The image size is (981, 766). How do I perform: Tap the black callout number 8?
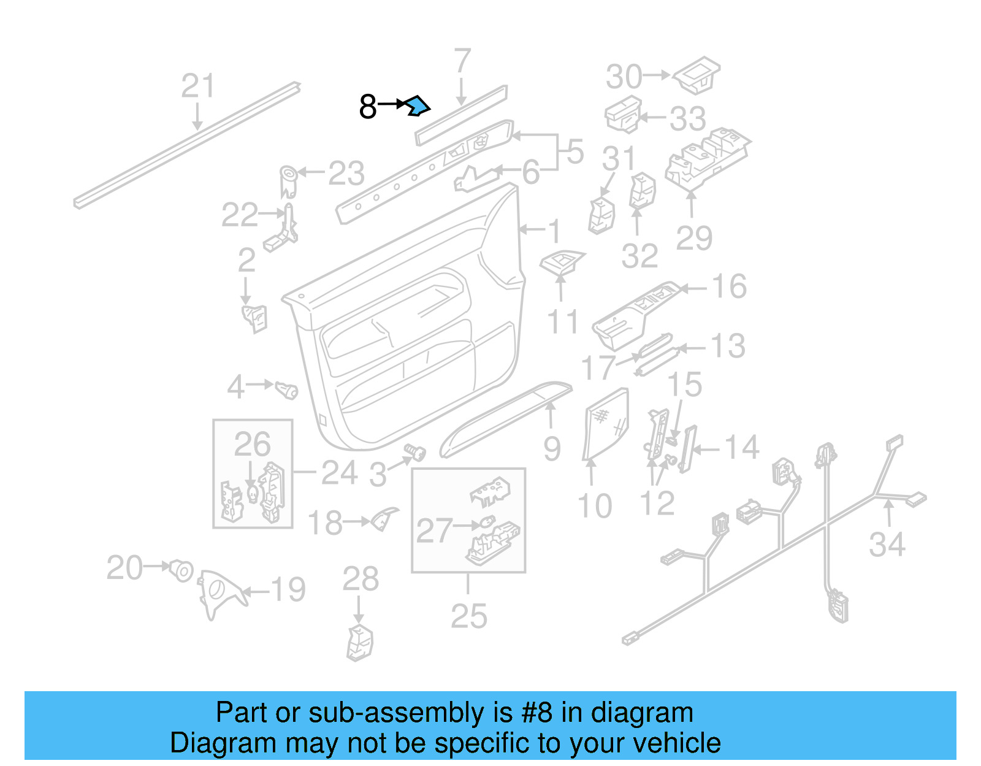pyautogui.click(x=367, y=107)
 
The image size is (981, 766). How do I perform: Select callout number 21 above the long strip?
pyautogui.click(x=197, y=86)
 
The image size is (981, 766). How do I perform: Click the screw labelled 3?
pyautogui.click(x=415, y=453)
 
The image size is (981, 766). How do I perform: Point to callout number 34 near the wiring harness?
pyautogui.click(x=887, y=544)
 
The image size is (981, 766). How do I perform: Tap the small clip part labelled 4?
pyautogui.click(x=286, y=389)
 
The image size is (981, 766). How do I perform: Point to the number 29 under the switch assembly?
pyautogui.click(x=693, y=238)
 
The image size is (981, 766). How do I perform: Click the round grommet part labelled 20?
pyautogui.click(x=181, y=570)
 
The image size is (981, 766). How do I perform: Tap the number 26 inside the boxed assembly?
pyautogui.click(x=252, y=444)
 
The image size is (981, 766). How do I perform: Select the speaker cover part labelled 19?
pyautogui.click(x=218, y=591)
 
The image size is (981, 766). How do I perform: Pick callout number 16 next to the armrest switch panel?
pyautogui.click(x=729, y=286)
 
